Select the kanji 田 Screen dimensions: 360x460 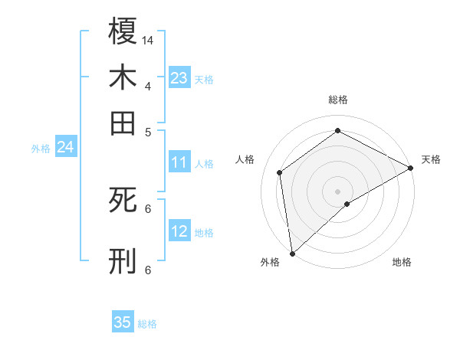point(123,122)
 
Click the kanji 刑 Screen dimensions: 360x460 point(123,261)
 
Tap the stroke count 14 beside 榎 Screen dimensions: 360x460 point(148,39)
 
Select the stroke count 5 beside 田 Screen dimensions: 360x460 point(148,131)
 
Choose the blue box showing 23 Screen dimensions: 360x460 point(179,77)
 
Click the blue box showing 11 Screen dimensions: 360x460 point(179,162)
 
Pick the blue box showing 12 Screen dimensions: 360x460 point(179,231)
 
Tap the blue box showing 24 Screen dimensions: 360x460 point(65,147)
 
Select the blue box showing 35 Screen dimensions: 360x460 point(123,322)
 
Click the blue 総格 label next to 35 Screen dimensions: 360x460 point(147,324)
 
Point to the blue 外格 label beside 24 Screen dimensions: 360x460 point(40,149)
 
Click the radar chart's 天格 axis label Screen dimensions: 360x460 point(431,159)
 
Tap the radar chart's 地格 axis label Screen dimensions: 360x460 point(402,262)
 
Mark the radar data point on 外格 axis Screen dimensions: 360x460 point(292,253)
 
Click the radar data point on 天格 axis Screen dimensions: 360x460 point(411,168)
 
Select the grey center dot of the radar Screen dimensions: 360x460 point(337,191)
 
